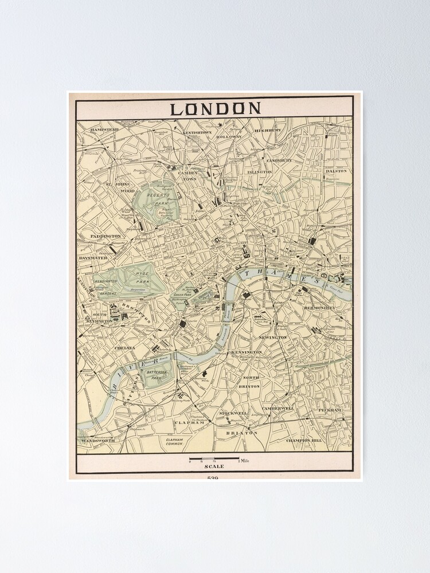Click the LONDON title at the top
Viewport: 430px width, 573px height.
215,108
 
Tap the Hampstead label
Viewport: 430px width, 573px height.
104,130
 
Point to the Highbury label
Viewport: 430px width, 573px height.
268,131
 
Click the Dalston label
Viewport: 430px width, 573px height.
337,171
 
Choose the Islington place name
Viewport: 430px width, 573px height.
260,172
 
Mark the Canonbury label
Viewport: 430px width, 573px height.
279,160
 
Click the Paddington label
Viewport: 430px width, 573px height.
105,236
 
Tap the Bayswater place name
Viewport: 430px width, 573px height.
93,258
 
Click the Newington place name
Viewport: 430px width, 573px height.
273,338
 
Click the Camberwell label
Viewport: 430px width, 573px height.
278,409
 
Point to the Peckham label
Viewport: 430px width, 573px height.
330,411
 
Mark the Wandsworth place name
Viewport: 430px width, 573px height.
98,440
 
